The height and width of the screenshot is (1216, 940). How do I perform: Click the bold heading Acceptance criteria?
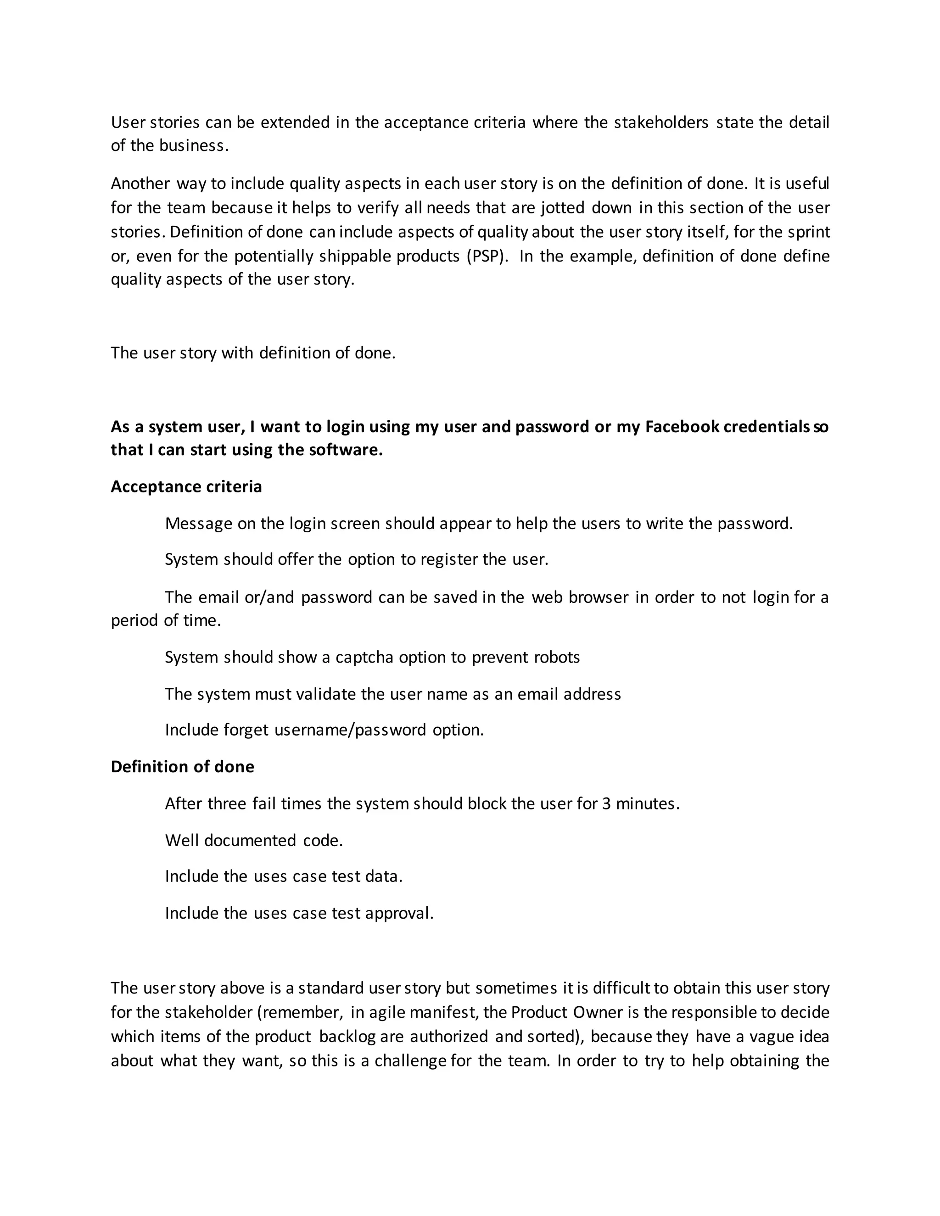click(186, 486)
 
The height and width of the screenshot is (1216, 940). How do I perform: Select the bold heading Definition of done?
click(182, 767)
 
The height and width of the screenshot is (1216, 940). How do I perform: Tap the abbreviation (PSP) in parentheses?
click(488, 256)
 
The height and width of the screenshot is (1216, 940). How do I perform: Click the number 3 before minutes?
click(606, 803)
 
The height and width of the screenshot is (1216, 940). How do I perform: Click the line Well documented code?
click(254, 840)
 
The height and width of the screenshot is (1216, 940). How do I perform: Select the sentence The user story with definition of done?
click(253, 353)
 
